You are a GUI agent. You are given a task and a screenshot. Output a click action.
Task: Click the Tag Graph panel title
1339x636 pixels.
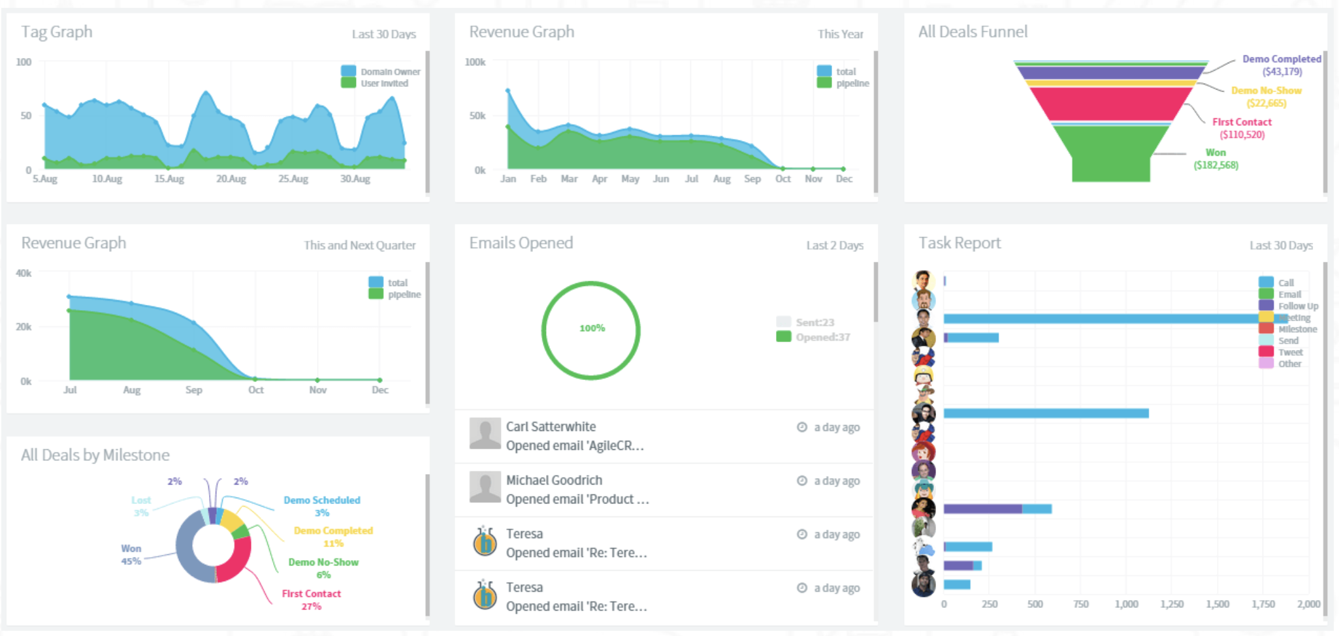[57, 32]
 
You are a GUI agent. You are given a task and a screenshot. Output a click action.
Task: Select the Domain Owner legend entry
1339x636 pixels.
[390, 72]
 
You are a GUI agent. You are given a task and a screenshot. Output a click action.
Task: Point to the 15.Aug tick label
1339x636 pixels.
[169, 179]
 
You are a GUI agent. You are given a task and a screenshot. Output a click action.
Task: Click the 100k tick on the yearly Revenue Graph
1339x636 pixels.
[475, 62]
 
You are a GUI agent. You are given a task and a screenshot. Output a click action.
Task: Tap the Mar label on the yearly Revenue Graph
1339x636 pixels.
[569, 179]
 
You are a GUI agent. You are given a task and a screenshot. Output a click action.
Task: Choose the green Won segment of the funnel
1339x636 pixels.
[1110, 153]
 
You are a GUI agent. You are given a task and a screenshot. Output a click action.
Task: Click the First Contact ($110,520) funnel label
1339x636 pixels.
[1242, 128]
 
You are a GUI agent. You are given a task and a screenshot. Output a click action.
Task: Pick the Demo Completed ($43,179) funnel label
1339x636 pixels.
[1282, 65]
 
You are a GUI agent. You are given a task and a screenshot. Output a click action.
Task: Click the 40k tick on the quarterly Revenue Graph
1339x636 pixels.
[24, 273]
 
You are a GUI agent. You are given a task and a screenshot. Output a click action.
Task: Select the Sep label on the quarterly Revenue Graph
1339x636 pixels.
[193, 390]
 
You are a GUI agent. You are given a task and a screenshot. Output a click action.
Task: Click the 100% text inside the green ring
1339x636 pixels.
[592, 328]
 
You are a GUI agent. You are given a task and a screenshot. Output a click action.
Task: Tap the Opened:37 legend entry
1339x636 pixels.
[822, 337]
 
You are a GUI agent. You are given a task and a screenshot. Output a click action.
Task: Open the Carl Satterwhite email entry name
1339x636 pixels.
[551, 426]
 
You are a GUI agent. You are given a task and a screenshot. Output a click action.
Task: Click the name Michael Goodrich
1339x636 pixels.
[554, 480]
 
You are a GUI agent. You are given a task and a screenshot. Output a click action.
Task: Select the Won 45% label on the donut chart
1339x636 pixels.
[131, 554]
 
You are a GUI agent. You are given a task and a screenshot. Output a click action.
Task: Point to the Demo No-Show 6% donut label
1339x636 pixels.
[323, 568]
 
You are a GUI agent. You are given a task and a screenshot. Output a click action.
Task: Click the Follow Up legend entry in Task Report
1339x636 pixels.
[1298, 306]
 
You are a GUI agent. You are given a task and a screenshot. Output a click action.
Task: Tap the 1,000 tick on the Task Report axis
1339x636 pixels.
[1126, 604]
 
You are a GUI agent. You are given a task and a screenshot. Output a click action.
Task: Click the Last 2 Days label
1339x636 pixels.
[834, 246]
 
